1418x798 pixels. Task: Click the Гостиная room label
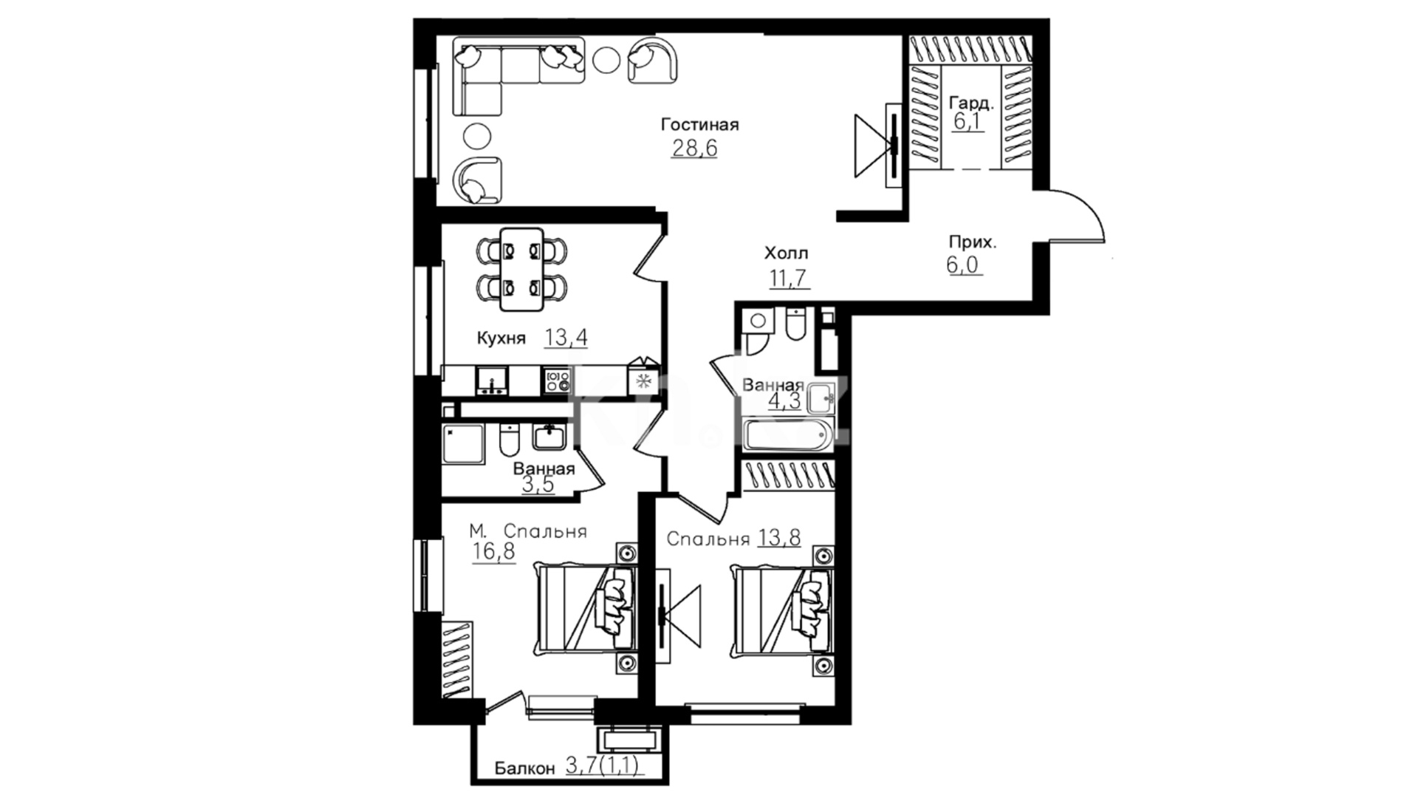(699, 125)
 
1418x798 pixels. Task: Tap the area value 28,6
(694, 149)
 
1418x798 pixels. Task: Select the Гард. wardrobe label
(971, 103)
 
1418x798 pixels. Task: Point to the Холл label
(786, 253)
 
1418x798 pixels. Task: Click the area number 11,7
(790, 279)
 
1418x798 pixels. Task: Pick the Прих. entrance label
(973, 242)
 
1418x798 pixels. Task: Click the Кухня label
(501, 338)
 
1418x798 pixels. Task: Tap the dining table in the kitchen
(521, 269)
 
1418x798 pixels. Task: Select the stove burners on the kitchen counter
(558, 381)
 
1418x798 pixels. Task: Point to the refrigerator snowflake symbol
(643, 381)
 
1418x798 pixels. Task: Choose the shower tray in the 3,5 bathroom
(464, 443)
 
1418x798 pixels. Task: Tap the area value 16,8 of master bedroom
(494, 551)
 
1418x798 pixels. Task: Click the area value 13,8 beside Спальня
(779, 538)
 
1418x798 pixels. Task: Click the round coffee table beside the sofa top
(607, 59)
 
